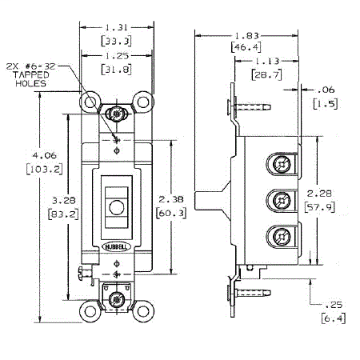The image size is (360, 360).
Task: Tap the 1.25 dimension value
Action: (117, 56)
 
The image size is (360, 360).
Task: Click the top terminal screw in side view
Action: (281, 163)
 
